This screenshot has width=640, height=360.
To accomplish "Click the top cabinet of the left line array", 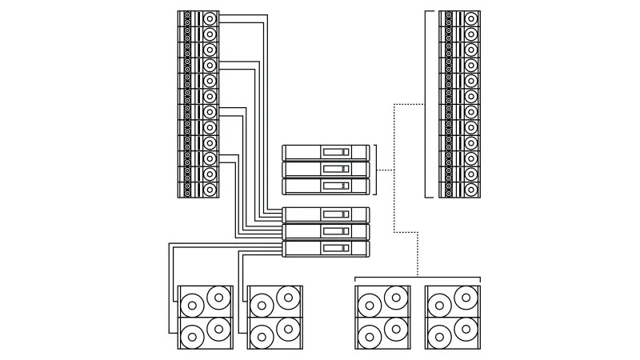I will tap(198, 18).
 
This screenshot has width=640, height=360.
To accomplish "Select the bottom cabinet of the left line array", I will tap(198, 190).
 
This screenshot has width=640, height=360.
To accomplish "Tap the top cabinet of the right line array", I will tap(461, 18).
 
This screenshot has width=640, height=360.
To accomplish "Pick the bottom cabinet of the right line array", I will tap(461, 190).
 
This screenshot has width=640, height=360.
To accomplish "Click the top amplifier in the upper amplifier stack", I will tap(326, 152).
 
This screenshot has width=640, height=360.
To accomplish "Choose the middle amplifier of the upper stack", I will tap(326, 169).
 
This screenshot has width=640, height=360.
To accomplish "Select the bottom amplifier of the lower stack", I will tap(326, 248).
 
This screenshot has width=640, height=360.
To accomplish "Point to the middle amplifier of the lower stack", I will tap(326, 231).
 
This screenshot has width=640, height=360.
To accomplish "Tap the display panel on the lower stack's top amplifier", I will tap(334, 214).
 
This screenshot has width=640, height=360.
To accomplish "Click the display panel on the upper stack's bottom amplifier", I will tap(334, 186).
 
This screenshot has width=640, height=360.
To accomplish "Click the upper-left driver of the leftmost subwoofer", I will tap(192, 306).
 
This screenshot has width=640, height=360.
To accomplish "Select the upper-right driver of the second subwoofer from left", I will tap(288, 298).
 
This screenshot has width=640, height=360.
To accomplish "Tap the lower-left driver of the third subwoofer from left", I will tap(369, 334).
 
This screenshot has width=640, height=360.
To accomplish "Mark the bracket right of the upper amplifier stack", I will tap(375, 170).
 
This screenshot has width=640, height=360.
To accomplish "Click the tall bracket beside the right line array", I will tap(427, 104).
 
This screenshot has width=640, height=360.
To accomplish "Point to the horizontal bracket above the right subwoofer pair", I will tap(418, 277).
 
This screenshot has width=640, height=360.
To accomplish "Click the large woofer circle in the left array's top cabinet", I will tap(210, 18).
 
